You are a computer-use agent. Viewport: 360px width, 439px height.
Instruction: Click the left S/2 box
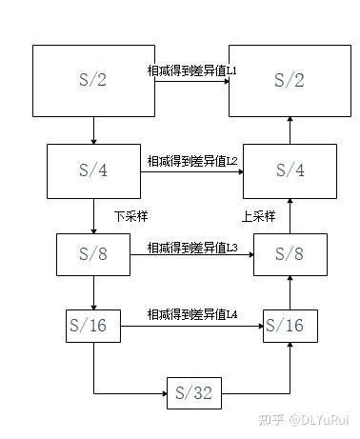(93, 81)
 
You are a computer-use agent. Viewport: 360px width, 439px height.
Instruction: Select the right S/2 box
(288, 81)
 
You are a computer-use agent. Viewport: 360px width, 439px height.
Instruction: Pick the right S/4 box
(288, 171)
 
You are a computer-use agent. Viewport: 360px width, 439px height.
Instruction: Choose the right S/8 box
(289, 254)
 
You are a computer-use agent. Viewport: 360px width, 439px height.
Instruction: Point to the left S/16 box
(92, 326)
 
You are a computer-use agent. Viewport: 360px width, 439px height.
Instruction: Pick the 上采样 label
(258, 216)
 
